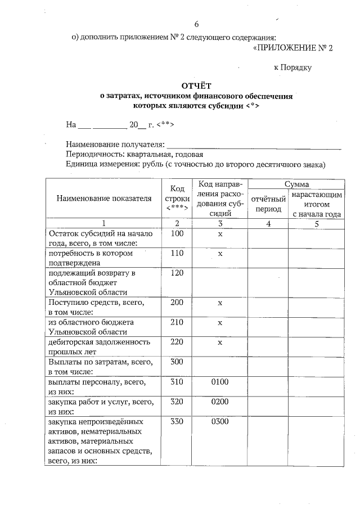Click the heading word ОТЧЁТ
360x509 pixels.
(196, 86)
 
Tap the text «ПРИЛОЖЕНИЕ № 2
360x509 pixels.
(294, 48)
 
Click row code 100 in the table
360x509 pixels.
(177, 233)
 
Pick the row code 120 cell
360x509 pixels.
(177, 273)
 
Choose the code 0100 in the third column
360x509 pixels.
(220, 381)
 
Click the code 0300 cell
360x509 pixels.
(220, 421)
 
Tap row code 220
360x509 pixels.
(177, 341)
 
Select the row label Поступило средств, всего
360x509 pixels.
(96, 303)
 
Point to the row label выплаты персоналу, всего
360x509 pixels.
(97, 382)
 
